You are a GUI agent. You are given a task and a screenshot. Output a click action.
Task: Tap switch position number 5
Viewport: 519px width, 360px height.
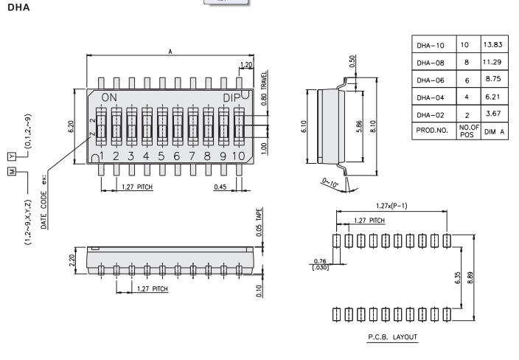click(161, 156)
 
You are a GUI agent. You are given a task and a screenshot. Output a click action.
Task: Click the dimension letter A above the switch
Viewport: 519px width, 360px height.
click(172, 53)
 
